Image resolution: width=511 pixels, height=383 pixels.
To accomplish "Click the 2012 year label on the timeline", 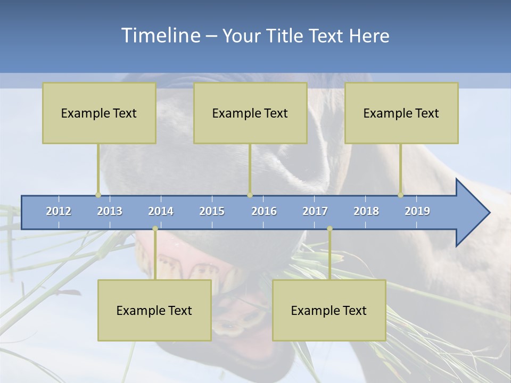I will (59, 211).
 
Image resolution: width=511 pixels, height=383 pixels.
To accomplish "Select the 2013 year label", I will (110, 211).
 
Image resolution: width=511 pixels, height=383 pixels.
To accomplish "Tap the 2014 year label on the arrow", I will (161, 211).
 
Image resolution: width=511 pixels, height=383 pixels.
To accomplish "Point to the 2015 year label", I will (212, 211).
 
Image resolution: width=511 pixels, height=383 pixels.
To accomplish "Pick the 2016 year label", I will (264, 211).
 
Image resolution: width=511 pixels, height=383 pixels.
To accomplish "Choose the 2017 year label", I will (315, 211).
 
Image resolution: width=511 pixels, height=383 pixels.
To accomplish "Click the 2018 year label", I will (366, 211).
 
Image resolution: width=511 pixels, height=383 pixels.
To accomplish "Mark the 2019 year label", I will (417, 211).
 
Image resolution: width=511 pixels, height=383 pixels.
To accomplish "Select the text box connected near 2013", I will (99, 113).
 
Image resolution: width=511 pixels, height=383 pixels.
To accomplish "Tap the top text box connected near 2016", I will (250, 113).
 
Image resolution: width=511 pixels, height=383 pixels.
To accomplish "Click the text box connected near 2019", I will (401, 113).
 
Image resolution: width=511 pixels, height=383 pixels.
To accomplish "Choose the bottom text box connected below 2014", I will (154, 310).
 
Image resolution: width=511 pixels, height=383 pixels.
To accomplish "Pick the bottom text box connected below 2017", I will (329, 310).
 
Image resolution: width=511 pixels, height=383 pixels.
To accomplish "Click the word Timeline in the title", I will (160, 35).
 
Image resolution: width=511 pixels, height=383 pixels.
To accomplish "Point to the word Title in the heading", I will (287, 36).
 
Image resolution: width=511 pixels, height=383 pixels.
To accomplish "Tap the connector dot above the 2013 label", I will (98, 195).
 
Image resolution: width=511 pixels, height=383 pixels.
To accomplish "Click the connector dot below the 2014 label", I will (155, 229).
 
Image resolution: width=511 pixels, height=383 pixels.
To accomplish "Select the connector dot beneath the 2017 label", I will (329, 229).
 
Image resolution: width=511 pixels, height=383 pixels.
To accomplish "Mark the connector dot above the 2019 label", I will (400, 195).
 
